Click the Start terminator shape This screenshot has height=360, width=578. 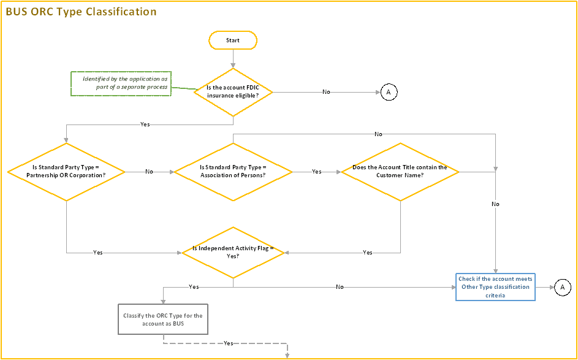pos(233,40)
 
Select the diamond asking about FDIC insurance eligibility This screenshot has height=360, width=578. pos(233,91)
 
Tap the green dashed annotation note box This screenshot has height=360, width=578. pos(120,83)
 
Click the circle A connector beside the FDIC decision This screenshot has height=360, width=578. pos(389,92)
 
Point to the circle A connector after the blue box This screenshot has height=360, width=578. pos(562,287)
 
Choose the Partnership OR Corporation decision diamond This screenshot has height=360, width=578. pos(66,172)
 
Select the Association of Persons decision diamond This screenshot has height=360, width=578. pos(233,172)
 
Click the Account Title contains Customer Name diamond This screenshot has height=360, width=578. pos(400,172)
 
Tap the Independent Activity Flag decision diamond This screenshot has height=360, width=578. pos(233,252)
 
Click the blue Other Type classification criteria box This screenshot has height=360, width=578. pos(495,287)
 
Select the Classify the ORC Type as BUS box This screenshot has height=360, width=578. pos(162,320)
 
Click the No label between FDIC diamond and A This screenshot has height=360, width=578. pos(326,92)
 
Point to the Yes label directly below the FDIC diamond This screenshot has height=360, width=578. pos(145,124)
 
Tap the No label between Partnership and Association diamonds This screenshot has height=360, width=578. pos(149,172)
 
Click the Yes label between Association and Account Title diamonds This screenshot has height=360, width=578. pos(316,172)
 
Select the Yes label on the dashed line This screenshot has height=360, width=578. pos(228,343)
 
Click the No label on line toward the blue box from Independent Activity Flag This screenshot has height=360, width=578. pos(340,286)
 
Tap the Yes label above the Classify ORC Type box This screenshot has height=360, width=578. pos(194,286)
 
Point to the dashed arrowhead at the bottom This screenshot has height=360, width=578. pos(287,354)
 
